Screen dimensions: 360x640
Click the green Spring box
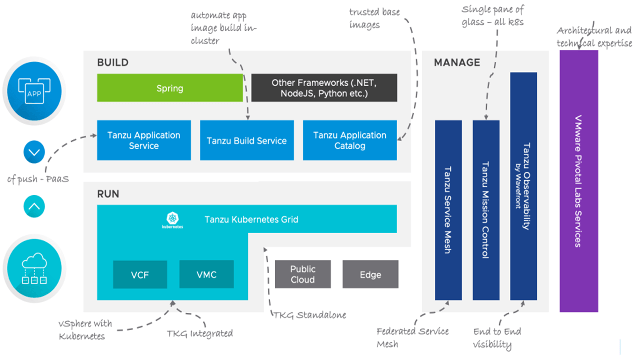click(169, 88)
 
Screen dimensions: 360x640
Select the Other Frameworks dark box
click(324, 88)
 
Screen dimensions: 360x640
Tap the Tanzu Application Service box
click(144, 140)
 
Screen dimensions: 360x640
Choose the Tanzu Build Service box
click(247, 141)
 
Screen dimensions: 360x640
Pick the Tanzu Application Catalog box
click(350, 140)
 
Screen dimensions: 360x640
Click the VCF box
click(140, 274)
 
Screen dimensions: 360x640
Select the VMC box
click(206, 274)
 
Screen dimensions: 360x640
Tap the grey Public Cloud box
click(302, 274)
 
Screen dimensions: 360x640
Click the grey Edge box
click(370, 274)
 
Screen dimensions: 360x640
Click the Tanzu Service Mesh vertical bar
click(448, 210)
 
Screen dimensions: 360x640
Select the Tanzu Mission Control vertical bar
click(486, 210)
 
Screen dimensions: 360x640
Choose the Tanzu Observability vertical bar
click(523, 186)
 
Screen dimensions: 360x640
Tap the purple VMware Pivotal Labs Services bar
click(578, 181)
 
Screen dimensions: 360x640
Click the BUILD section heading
click(113, 63)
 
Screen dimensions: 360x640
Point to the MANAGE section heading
click(457, 63)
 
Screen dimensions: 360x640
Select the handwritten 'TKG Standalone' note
click(309, 315)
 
